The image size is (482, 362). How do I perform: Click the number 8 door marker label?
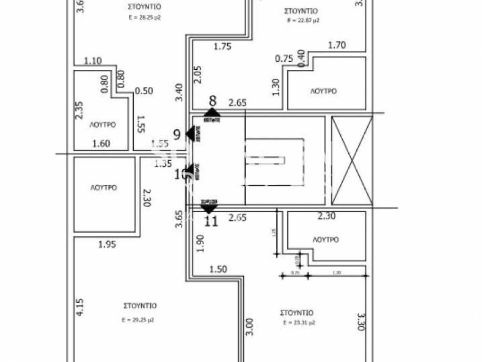(x=213, y=100)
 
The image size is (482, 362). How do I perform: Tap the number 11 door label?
(x=212, y=221)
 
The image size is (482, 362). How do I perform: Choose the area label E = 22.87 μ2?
(x=304, y=21)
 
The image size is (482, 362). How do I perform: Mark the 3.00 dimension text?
(x=249, y=326)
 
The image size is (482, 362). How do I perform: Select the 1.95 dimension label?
(x=107, y=245)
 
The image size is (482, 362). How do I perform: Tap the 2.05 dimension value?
(x=198, y=75)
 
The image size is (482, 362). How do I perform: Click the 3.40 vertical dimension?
(x=178, y=91)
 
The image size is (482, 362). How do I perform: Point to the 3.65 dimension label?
(x=178, y=219)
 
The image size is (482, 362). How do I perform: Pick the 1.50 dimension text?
(x=218, y=270)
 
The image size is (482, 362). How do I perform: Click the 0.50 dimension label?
(x=144, y=91)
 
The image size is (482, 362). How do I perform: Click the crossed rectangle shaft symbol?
(x=352, y=161)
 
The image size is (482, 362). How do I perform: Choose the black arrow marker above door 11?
(x=209, y=208)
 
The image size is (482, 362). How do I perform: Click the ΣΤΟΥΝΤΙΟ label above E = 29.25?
(x=138, y=306)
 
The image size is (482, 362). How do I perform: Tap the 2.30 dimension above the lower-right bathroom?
(x=327, y=217)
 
